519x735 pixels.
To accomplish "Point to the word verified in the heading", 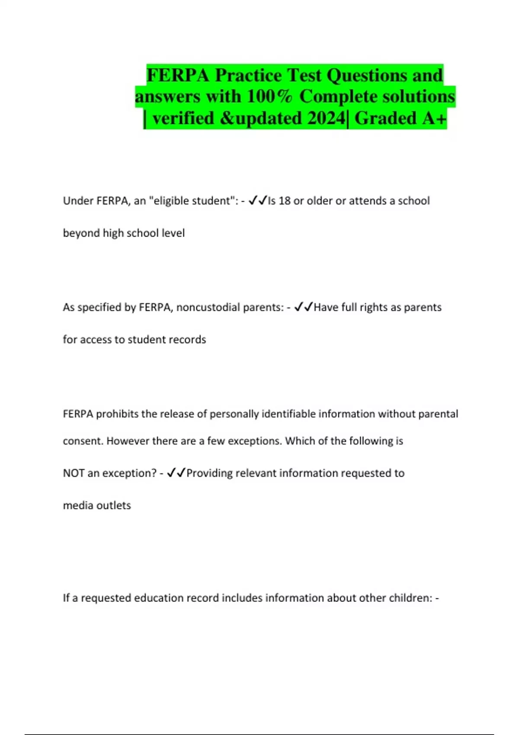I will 183,118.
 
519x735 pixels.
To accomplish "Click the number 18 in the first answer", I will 285,201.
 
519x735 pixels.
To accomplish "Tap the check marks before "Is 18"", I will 258,201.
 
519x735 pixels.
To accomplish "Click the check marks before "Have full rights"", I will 304,307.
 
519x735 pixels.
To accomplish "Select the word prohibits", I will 117,414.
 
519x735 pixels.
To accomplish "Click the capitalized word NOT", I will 74,473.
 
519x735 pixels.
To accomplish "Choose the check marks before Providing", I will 176,473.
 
